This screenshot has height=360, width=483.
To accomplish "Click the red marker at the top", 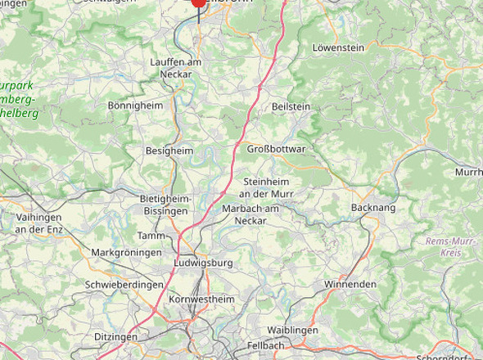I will pyautogui.click(x=198, y=2).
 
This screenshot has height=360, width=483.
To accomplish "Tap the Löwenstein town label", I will pyautogui.click(x=338, y=48).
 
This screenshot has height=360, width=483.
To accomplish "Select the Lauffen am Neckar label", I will pyautogui.click(x=176, y=68).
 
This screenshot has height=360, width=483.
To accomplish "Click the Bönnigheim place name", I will pyautogui.click(x=136, y=106).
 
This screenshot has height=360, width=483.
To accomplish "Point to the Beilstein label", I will pyautogui.click(x=291, y=106).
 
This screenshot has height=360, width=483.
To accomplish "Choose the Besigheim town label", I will pyautogui.click(x=169, y=151).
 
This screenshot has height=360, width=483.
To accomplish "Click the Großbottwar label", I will pyautogui.click(x=276, y=149).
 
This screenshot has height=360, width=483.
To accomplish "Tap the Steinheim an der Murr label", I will pyautogui.click(x=267, y=187).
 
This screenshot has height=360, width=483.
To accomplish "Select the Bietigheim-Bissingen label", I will pyautogui.click(x=165, y=205).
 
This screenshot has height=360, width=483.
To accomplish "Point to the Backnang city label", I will pyautogui.click(x=372, y=208).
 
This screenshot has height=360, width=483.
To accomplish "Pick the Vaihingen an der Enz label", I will pyautogui.click(x=38, y=223).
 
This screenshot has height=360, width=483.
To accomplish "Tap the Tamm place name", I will pyautogui.click(x=151, y=236).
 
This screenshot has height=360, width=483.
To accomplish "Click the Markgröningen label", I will pyautogui.click(x=126, y=253).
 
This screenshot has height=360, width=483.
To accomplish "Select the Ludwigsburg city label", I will pyautogui.click(x=204, y=263).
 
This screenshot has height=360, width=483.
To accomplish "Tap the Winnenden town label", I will pyautogui.click(x=350, y=284).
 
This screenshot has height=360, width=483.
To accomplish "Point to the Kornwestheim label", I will pyautogui.click(x=201, y=299).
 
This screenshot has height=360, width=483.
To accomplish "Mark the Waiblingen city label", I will pyautogui.click(x=292, y=330).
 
